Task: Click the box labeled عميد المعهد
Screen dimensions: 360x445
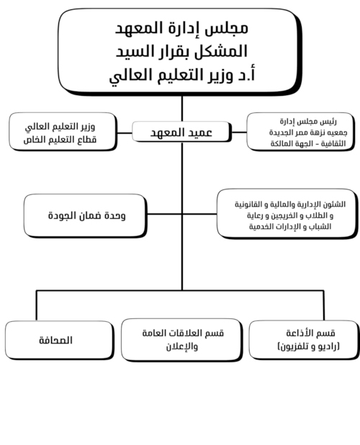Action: (181, 132)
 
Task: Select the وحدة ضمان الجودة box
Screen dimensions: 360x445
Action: (86, 216)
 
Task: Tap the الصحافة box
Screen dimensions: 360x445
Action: (59, 341)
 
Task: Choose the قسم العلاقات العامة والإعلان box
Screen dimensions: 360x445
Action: (182, 340)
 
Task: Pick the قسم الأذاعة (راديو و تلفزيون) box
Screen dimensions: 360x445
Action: (304, 340)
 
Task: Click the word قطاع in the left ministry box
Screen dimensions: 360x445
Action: (88, 140)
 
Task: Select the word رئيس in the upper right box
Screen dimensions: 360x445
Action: (328, 122)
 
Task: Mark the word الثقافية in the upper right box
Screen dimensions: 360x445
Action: (333, 143)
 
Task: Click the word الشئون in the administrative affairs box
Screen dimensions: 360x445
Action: (336, 204)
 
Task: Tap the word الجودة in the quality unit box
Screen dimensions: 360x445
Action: (59, 216)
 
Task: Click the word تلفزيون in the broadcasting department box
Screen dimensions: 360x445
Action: (293, 347)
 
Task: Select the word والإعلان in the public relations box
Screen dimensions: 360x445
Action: (182, 346)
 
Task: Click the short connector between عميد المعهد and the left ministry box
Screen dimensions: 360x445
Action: (125, 132)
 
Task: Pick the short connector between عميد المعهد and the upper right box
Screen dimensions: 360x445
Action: (239, 132)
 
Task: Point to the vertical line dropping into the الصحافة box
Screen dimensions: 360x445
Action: (36, 305)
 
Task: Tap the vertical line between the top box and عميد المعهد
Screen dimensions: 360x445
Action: (182, 109)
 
